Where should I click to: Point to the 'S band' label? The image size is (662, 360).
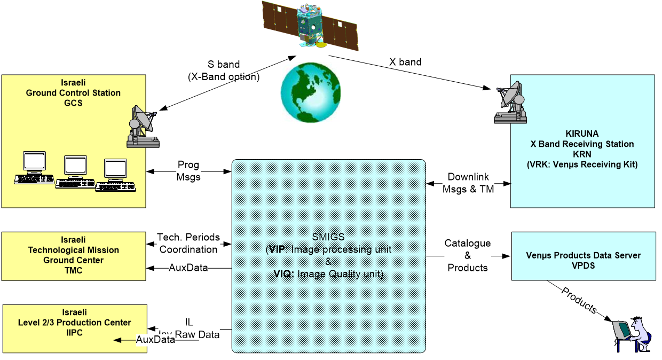coord(224,65)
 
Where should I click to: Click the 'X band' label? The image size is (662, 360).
coord(405,62)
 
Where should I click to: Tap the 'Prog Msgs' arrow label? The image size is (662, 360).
coord(188,171)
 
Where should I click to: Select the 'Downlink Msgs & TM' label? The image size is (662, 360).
coord(468,183)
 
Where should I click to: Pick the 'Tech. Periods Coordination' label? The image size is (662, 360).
coord(187,243)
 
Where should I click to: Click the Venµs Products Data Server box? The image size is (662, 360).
coord(584,256)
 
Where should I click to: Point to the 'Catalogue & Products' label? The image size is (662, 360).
coord(468,255)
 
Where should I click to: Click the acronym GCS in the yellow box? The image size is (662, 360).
coord(73,103)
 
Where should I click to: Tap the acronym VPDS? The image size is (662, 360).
coord(584,265)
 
